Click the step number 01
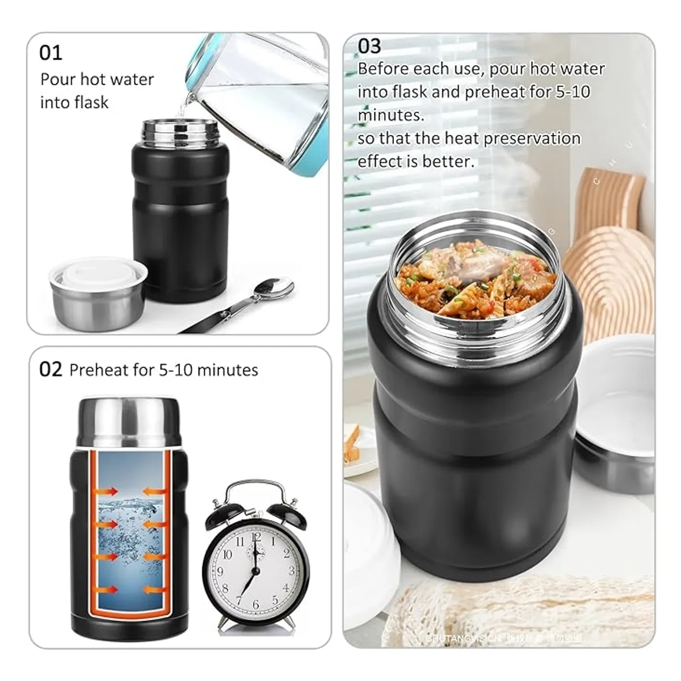(x=51, y=53)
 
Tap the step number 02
(x=51, y=369)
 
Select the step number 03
(x=369, y=46)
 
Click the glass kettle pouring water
(x=261, y=96)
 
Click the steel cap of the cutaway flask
(x=128, y=423)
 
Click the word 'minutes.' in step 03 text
(x=390, y=115)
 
